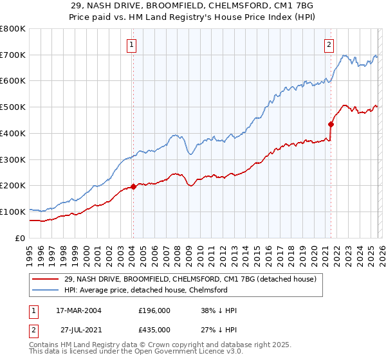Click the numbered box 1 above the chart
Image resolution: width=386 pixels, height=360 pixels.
(131, 45)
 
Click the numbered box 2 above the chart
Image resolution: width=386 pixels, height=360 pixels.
(329, 45)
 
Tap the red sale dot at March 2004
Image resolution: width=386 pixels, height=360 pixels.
(133, 186)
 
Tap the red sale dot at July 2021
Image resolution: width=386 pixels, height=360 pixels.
(331, 124)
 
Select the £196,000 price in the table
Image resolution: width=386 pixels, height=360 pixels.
(154, 310)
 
